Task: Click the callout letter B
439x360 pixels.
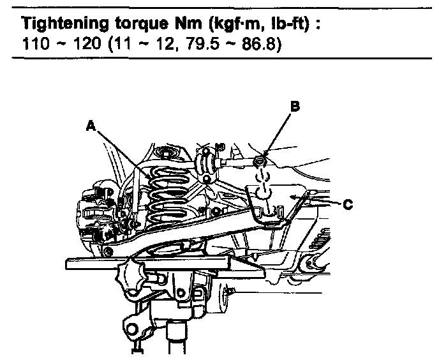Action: [x=294, y=107]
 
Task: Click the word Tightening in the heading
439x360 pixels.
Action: [x=57, y=24]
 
